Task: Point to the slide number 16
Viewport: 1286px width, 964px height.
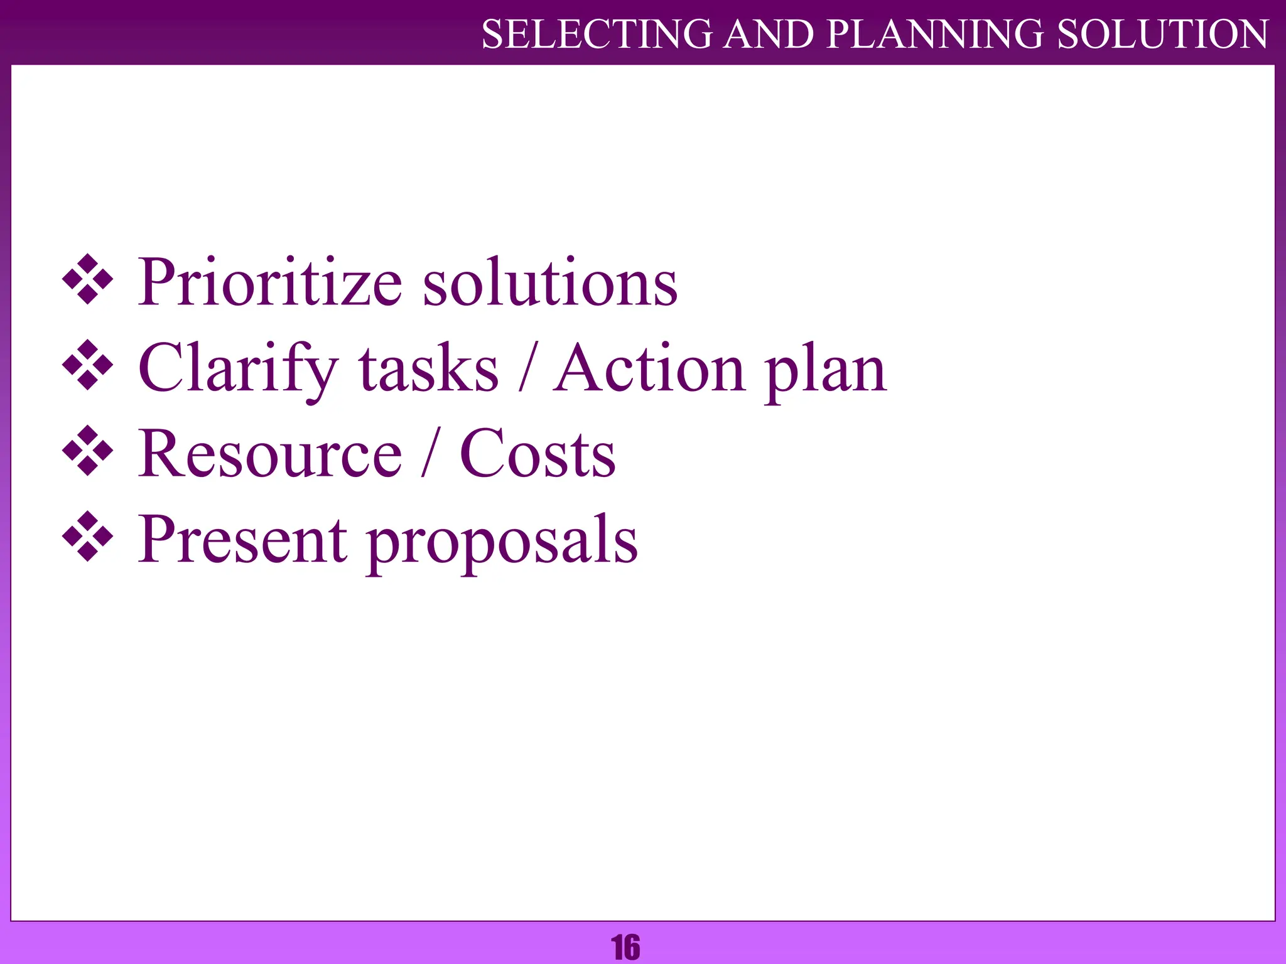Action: coord(625,947)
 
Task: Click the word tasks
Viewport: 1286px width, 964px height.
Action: coord(428,369)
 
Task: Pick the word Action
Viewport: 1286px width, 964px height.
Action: coord(649,369)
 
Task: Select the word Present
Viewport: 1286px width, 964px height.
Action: coord(242,540)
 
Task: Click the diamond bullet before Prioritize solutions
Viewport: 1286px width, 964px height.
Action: coord(88,280)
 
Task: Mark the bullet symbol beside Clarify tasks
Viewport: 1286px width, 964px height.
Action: coord(88,365)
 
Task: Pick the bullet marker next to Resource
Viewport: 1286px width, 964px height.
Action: coord(88,451)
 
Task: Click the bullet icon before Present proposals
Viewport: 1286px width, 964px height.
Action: coord(88,537)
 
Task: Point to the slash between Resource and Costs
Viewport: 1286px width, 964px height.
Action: coord(430,452)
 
